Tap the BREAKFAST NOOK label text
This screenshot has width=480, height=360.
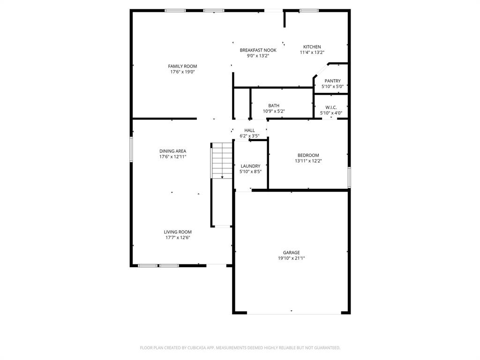click(x=258, y=50)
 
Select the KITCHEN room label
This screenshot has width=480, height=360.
click(x=312, y=47)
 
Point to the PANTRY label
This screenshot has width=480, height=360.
click(x=332, y=81)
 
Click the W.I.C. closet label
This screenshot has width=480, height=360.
click(x=331, y=107)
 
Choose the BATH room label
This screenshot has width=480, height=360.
click(x=274, y=106)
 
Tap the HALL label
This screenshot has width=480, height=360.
click(x=249, y=130)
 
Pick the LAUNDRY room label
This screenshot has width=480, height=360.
click(x=250, y=166)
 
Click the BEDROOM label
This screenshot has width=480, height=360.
click(x=308, y=155)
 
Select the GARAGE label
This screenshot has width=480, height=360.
click(x=291, y=253)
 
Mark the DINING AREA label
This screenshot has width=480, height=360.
click(x=172, y=151)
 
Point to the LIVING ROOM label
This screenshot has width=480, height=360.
click(x=178, y=232)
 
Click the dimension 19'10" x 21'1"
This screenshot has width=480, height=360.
click(x=291, y=258)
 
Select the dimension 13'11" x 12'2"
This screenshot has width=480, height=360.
click(x=308, y=161)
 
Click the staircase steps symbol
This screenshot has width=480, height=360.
click(x=222, y=160)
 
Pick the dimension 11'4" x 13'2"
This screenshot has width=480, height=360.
click(x=312, y=52)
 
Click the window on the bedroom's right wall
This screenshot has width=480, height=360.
click(x=349, y=177)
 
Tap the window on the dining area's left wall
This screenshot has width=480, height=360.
click(x=131, y=150)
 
